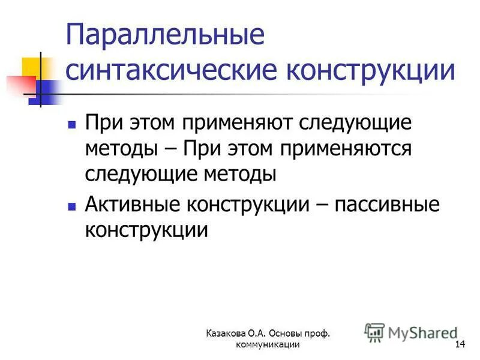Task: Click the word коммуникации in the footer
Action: point(268,344)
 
